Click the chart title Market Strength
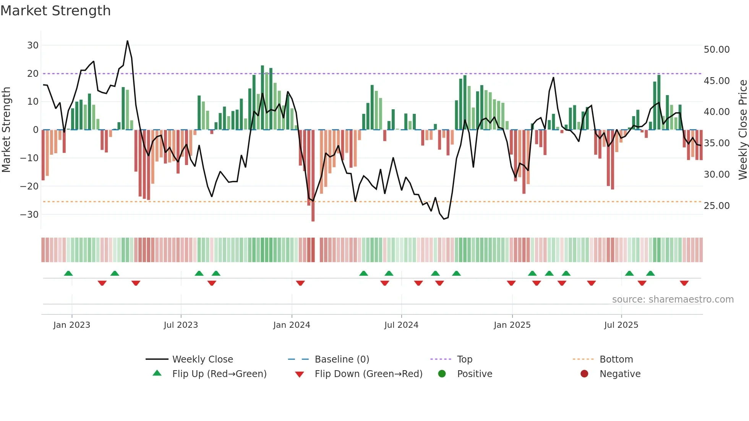pyautogui.click(x=55, y=11)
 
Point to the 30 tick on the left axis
pyautogui.click(x=33, y=45)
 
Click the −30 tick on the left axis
pyautogui.click(x=30, y=215)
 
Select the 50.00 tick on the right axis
pyautogui.click(x=717, y=50)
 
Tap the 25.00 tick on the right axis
pyautogui.click(x=717, y=206)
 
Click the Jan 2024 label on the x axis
pyautogui.click(x=292, y=325)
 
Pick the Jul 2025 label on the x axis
pyautogui.click(x=621, y=325)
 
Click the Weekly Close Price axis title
pyautogui.click(x=743, y=130)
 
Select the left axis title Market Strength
pyautogui.click(x=6, y=130)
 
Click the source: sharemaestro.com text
pyautogui.click(x=673, y=300)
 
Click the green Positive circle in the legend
pyautogui.click(x=442, y=374)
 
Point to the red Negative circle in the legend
pyautogui.click(x=584, y=374)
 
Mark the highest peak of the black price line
pyautogui.click(x=127, y=41)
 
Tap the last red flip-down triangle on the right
pyautogui.click(x=684, y=283)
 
